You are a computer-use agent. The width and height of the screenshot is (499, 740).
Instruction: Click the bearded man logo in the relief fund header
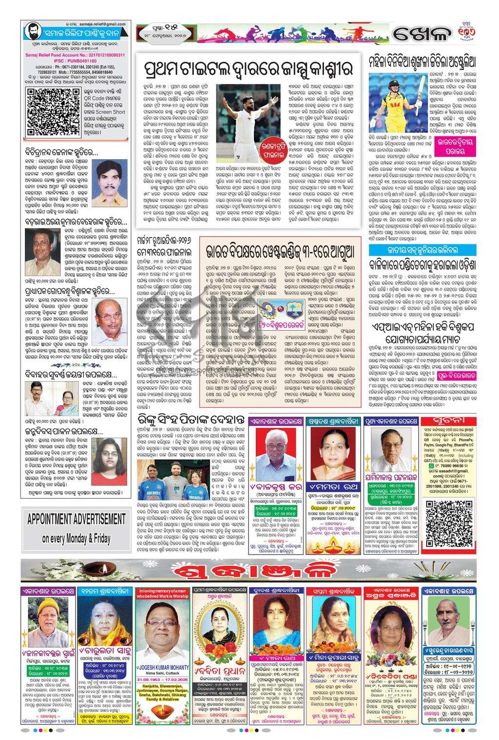coord(33,33)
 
